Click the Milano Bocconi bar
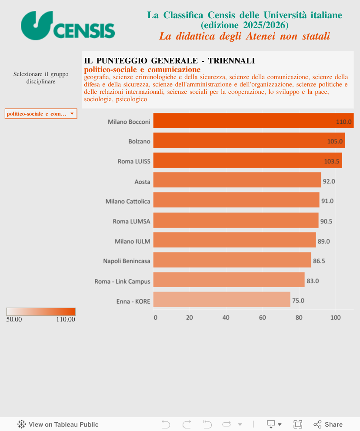(252, 121)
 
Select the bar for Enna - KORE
(222, 300)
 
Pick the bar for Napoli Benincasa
(232, 260)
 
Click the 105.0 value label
(335, 142)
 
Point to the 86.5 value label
(319, 261)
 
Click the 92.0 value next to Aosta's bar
(329, 181)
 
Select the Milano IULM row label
(133, 241)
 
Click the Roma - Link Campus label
(123, 281)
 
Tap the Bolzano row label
(139, 142)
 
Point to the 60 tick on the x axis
(263, 318)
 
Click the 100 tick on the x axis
(335, 318)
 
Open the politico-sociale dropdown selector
(41, 114)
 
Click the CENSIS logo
(68, 26)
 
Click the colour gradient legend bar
(41, 312)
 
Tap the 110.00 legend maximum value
(66, 319)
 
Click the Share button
(328, 424)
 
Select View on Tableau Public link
(58, 424)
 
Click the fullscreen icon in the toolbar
(298, 424)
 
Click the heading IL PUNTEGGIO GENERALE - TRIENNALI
(169, 61)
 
